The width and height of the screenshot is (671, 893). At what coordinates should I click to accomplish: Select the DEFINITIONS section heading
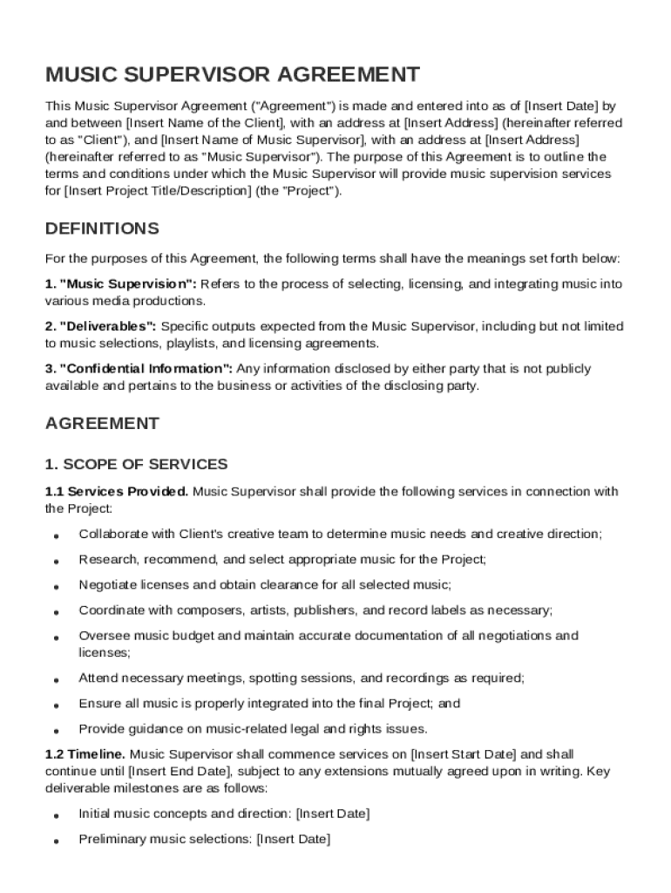pos(102,228)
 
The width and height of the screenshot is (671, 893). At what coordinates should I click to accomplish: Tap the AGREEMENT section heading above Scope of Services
pos(102,424)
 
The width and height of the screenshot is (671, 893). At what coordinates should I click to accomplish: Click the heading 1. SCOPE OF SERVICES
pos(136,464)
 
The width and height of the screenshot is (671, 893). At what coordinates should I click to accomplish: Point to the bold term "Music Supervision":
pos(121,284)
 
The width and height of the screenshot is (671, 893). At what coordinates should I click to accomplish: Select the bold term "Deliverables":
pos(101,326)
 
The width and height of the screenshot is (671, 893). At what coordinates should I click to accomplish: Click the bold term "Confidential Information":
pos(139,369)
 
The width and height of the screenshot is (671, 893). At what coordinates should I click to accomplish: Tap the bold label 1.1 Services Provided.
pos(117,492)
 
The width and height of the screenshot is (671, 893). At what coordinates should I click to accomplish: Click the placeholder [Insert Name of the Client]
pos(206,123)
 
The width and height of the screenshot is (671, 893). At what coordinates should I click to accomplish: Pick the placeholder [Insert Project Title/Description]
pos(157,190)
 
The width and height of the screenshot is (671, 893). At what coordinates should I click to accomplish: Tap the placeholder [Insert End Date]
pos(180,771)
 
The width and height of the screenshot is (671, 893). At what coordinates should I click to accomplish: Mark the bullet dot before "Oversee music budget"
pos(56,638)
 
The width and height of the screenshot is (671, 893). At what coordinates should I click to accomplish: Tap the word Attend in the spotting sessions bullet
pos(97,678)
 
